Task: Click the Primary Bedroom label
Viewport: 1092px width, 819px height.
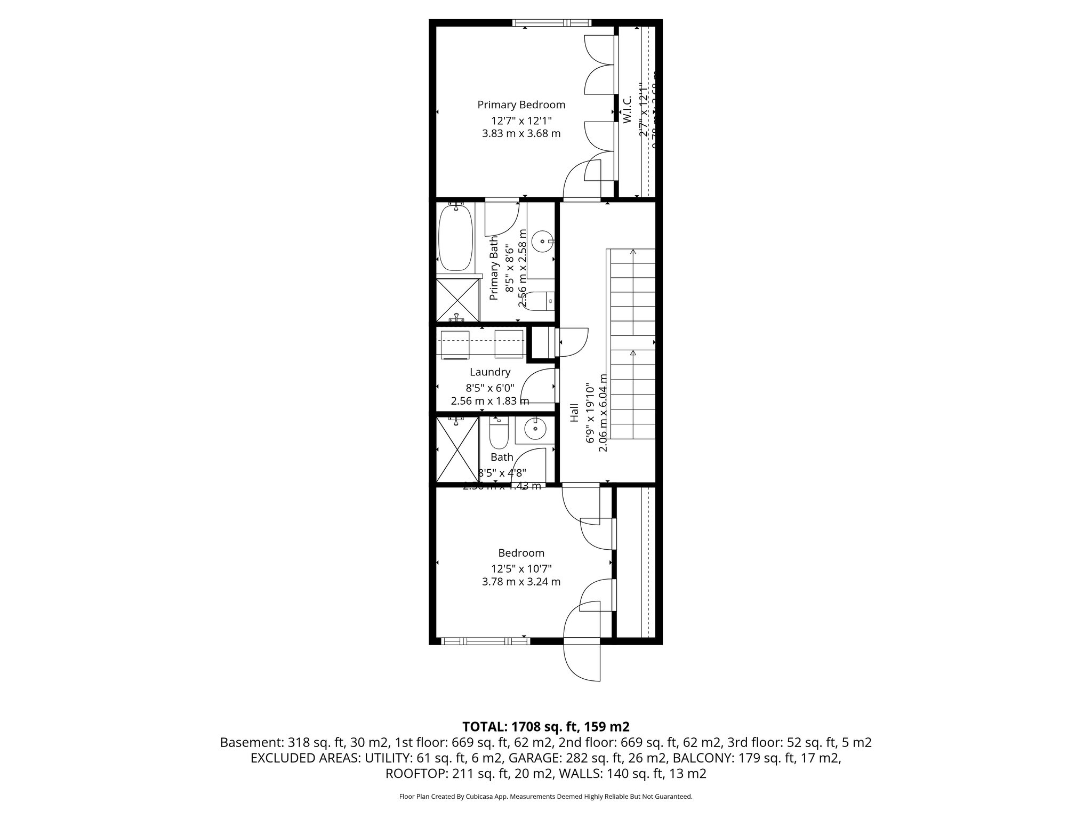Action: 521,105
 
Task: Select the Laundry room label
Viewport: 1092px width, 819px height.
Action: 489,372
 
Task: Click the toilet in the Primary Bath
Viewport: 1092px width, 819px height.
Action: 544,301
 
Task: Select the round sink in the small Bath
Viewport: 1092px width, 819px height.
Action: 533,428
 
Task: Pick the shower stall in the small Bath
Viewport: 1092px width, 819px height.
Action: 456,450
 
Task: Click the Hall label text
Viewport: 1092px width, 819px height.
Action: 574,412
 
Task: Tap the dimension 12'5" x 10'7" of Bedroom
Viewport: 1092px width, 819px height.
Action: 521,568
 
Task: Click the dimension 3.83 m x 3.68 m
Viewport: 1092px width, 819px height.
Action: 521,133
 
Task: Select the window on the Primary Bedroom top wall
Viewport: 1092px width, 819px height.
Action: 551,23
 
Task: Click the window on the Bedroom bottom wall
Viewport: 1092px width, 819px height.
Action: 485,641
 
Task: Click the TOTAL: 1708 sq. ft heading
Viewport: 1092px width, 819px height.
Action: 545,726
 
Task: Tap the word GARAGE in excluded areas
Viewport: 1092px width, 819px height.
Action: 529,758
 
